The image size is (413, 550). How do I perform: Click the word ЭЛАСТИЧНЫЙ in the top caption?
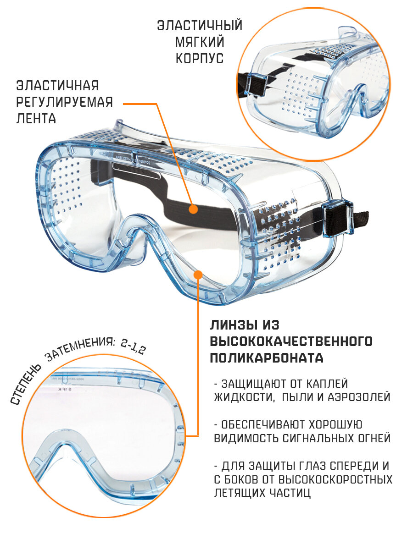click(200, 25)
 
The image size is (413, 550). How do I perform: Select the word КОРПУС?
click(200, 58)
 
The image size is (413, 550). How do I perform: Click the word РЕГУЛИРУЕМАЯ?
click(65, 102)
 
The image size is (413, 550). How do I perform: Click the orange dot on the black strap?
click(193, 209)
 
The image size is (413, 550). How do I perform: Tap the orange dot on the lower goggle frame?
click(198, 275)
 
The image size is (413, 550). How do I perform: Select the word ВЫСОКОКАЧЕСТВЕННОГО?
click(291, 341)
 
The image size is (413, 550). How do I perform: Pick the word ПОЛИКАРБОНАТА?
click(267, 358)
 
